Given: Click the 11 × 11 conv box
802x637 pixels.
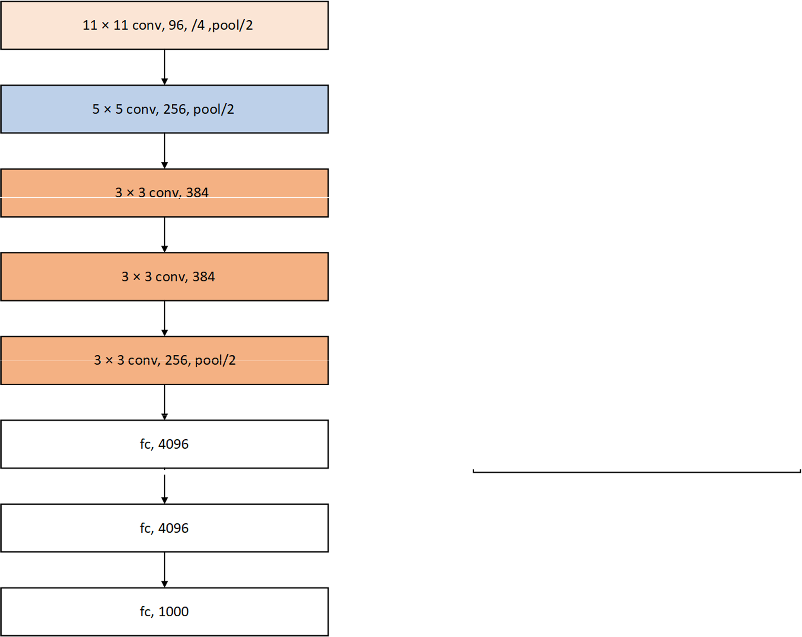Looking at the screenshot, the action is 164,25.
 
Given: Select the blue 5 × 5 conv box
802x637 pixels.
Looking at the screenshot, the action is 164,109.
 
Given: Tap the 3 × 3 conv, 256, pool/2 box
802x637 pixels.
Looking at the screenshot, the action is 164,361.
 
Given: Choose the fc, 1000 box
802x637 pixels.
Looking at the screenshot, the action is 164,612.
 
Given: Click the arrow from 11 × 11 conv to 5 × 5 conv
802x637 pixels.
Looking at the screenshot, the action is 164,67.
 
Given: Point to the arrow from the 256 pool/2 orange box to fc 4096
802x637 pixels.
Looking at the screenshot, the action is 164,402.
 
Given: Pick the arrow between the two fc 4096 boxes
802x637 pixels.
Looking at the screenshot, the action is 164,486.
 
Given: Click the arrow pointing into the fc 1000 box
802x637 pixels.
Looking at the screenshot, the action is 164,570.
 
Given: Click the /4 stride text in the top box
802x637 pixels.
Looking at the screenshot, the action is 198,25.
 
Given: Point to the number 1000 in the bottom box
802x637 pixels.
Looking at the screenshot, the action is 173,612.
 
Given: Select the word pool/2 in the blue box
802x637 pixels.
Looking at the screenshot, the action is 213,110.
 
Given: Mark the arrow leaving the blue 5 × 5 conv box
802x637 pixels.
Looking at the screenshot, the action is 164,151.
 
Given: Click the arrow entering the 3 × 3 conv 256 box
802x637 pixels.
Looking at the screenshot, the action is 164,318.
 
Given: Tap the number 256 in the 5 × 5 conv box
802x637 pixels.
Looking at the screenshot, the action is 175,109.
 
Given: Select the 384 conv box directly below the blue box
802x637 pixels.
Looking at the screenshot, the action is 164,193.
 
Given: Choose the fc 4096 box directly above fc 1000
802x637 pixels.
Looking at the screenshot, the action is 164,528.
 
